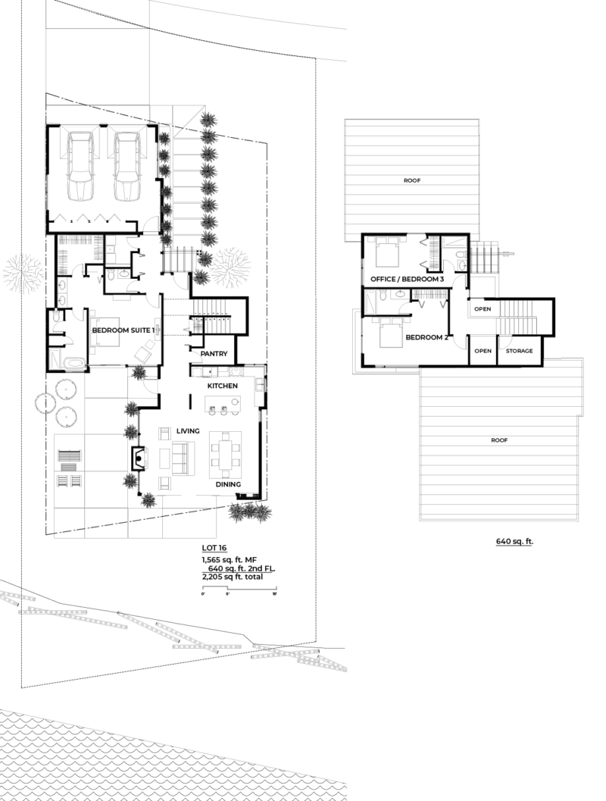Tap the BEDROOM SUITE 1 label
(123, 330)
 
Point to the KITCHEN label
(223, 386)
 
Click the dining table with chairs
(225, 453)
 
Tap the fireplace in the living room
(139, 458)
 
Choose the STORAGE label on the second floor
(519, 351)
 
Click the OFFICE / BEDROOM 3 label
(407, 280)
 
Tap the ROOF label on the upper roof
(412, 180)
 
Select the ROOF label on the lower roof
(498, 439)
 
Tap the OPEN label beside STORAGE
(483, 351)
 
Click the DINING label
(228, 484)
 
